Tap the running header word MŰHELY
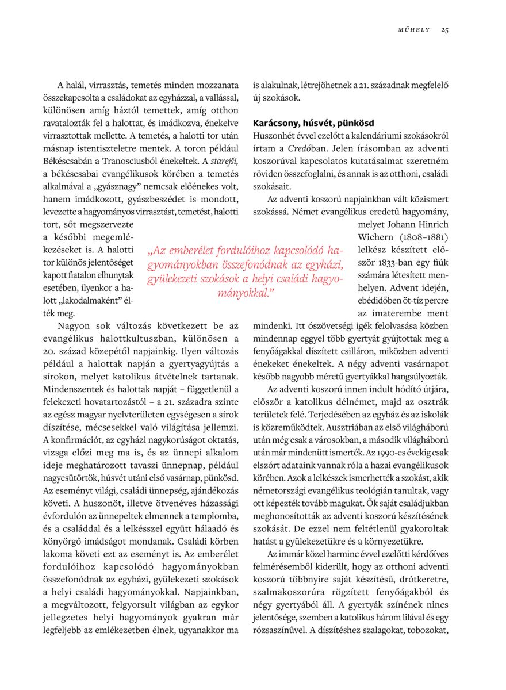click(415, 30)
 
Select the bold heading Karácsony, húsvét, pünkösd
click(313, 123)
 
